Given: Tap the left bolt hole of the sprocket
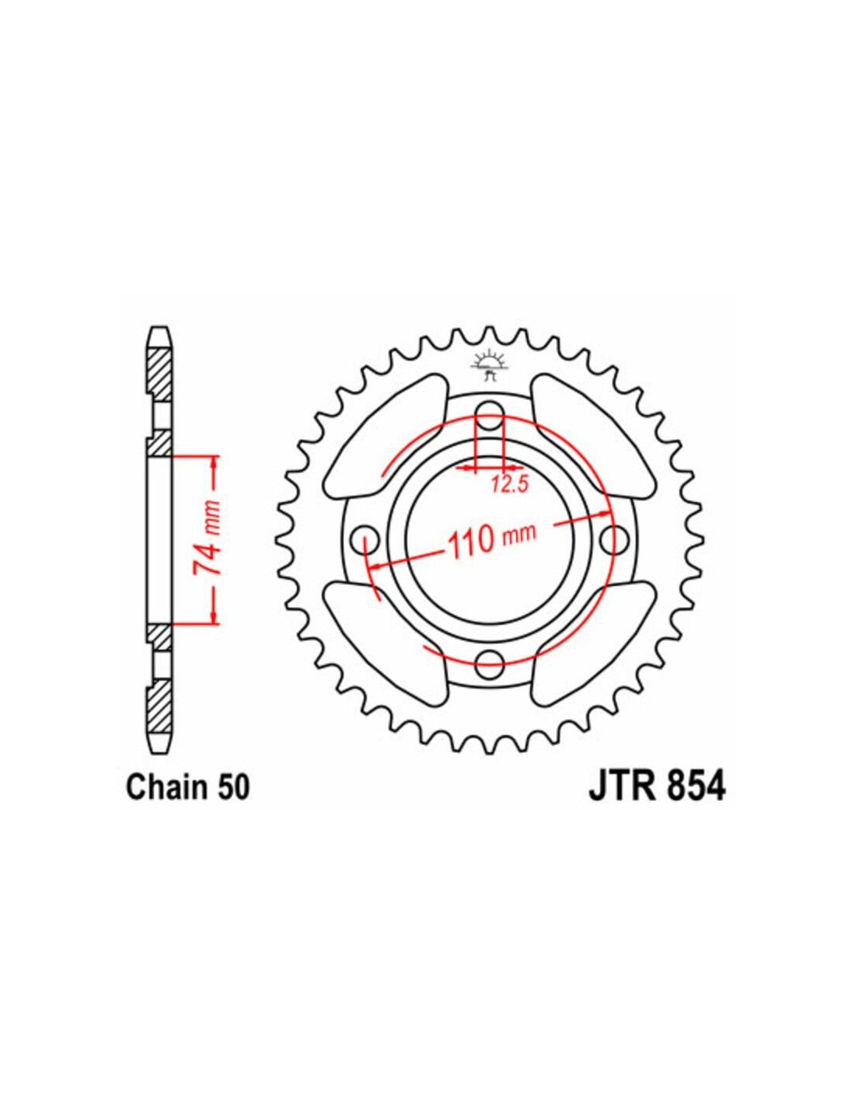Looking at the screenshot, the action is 365,535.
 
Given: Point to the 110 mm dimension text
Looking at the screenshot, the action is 490,542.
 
